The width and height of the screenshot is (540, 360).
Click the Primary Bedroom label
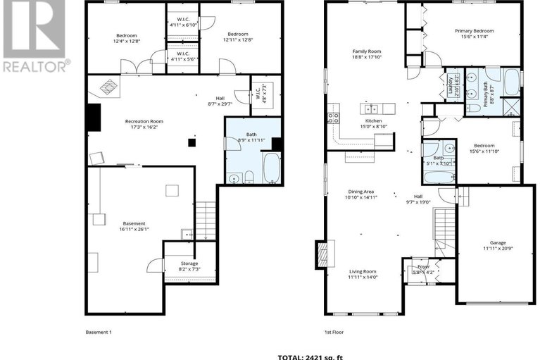tap(474, 31)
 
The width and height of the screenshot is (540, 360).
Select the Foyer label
tap(423, 267)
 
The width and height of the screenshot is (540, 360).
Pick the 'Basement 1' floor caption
tap(99, 331)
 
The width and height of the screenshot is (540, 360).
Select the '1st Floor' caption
tap(333, 331)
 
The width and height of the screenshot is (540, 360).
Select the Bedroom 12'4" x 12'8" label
tap(127, 38)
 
